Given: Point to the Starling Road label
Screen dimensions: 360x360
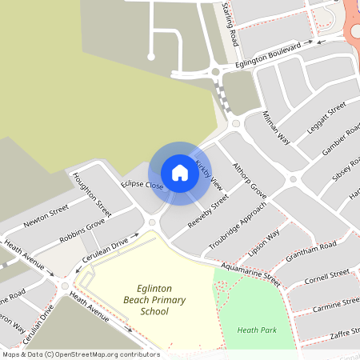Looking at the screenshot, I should tap(230, 24).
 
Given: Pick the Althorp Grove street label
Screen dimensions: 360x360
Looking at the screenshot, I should tap(248, 178).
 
